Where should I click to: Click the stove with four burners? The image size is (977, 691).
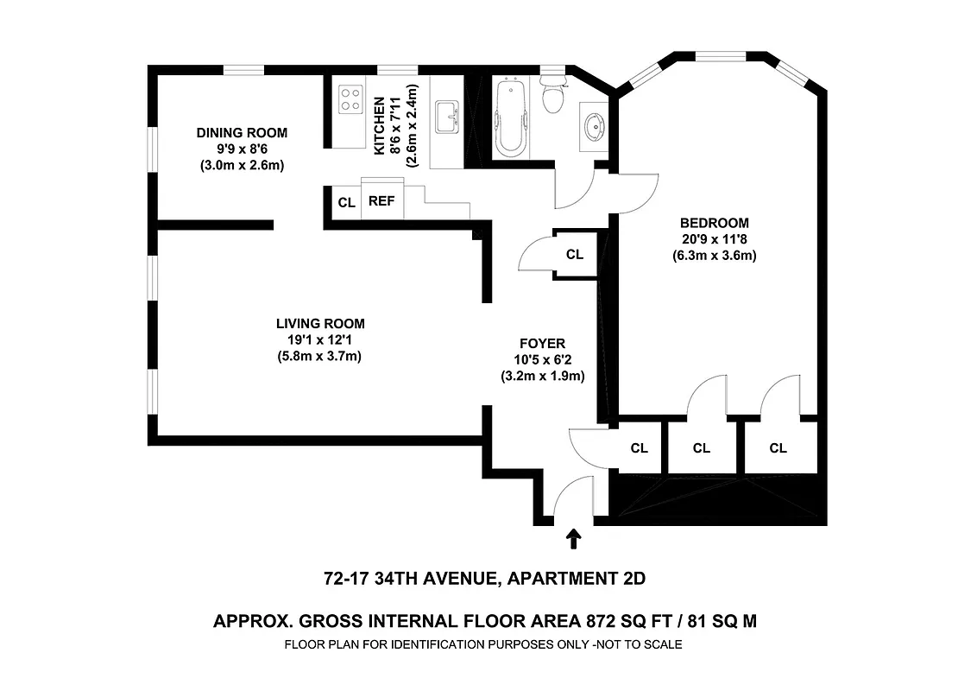point(350,98)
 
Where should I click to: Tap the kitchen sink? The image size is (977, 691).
point(447,116)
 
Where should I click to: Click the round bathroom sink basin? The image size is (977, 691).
point(594,127)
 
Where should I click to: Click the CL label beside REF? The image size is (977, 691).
point(346,203)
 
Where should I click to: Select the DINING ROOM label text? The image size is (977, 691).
point(242,133)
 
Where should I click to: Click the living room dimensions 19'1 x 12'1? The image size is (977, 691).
point(319,339)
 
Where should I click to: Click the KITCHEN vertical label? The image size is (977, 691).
point(380,126)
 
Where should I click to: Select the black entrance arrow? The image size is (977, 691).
point(572,540)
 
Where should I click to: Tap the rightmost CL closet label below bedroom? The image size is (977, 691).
point(778,447)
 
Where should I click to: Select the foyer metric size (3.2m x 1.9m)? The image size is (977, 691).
point(543,376)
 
